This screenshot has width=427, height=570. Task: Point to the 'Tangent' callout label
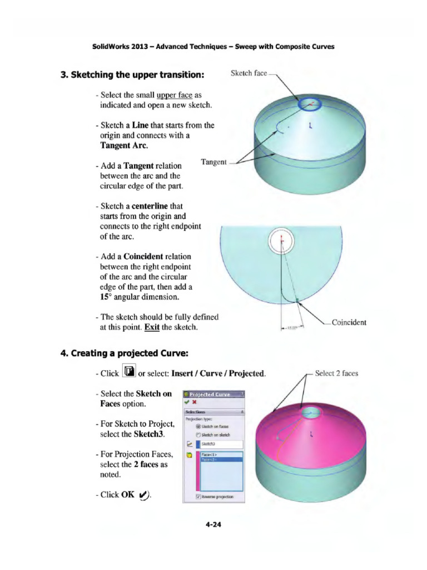click(213, 162)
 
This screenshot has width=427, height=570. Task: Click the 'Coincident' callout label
click(349, 322)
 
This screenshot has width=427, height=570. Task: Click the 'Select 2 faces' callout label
click(336, 374)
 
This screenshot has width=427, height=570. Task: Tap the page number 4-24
click(213, 523)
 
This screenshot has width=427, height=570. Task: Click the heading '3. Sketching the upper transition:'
click(132, 75)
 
